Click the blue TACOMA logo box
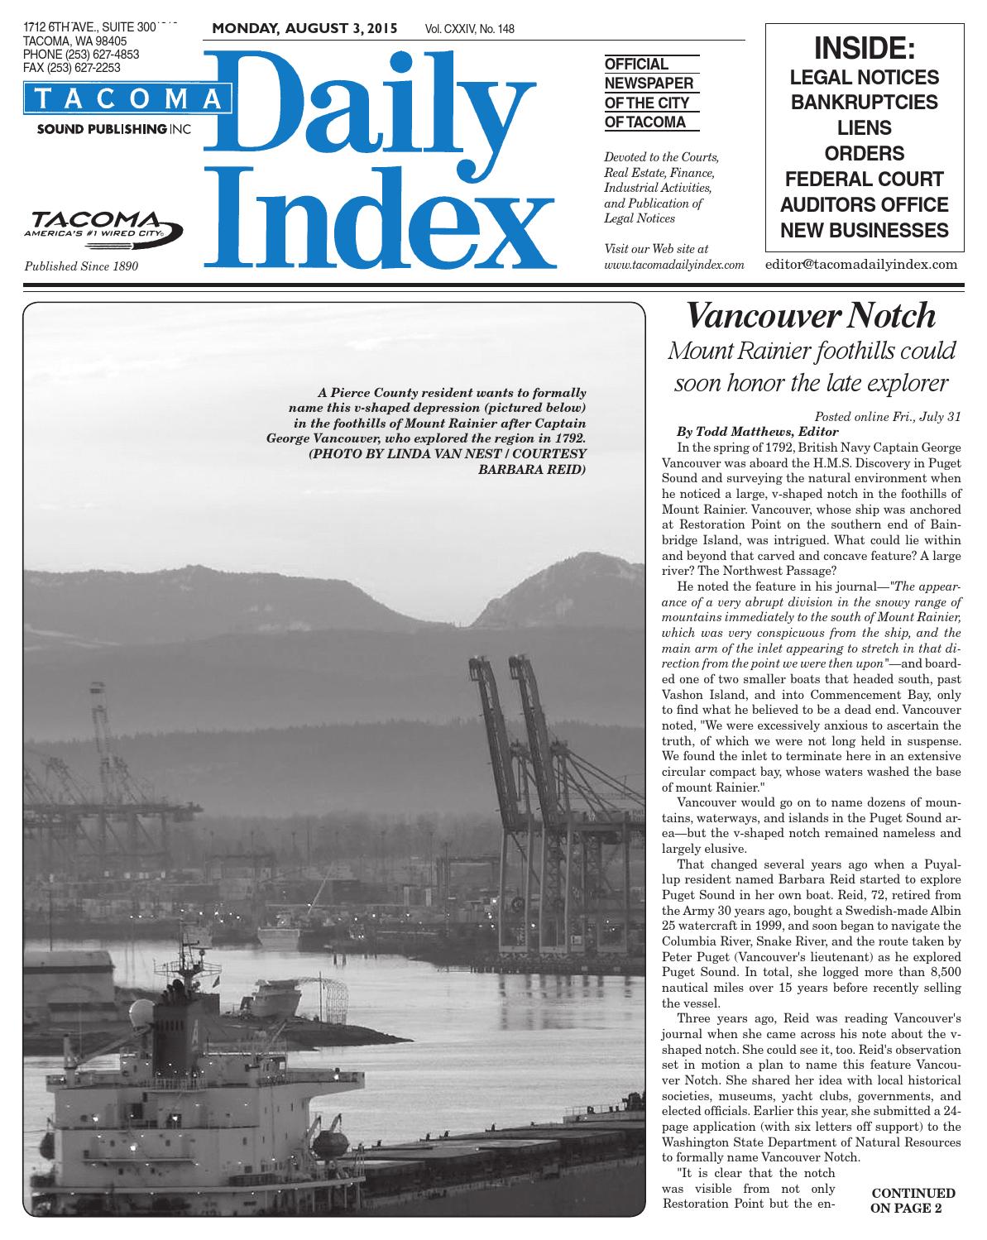[x=127, y=98]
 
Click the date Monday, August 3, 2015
[x=304, y=28]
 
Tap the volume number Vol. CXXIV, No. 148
[x=469, y=29]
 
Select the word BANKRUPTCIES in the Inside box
[x=865, y=103]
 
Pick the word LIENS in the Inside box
[x=865, y=128]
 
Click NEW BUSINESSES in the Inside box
[x=865, y=230]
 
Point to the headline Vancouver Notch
[x=812, y=316]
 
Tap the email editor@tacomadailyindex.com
[x=861, y=265]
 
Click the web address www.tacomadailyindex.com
[x=674, y=266]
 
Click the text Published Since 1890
[x=81, y=266]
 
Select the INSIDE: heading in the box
[x=865, y=48]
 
